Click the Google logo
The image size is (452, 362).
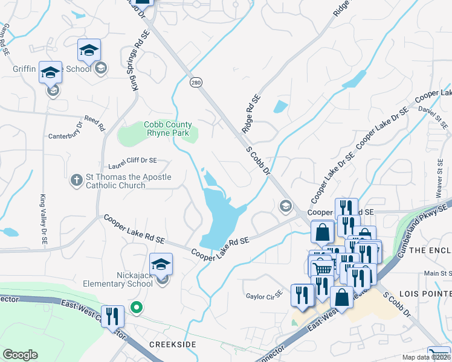tap(20, 355)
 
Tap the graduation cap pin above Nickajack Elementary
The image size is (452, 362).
tap(161, 264)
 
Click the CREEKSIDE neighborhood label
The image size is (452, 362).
tap(172, 343)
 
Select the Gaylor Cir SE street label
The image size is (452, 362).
tap(264, 296)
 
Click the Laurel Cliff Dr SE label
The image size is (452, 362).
tap(132, 161)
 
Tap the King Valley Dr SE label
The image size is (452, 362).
tap(44, 219)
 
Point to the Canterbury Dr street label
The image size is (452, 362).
tap(68, 136)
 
